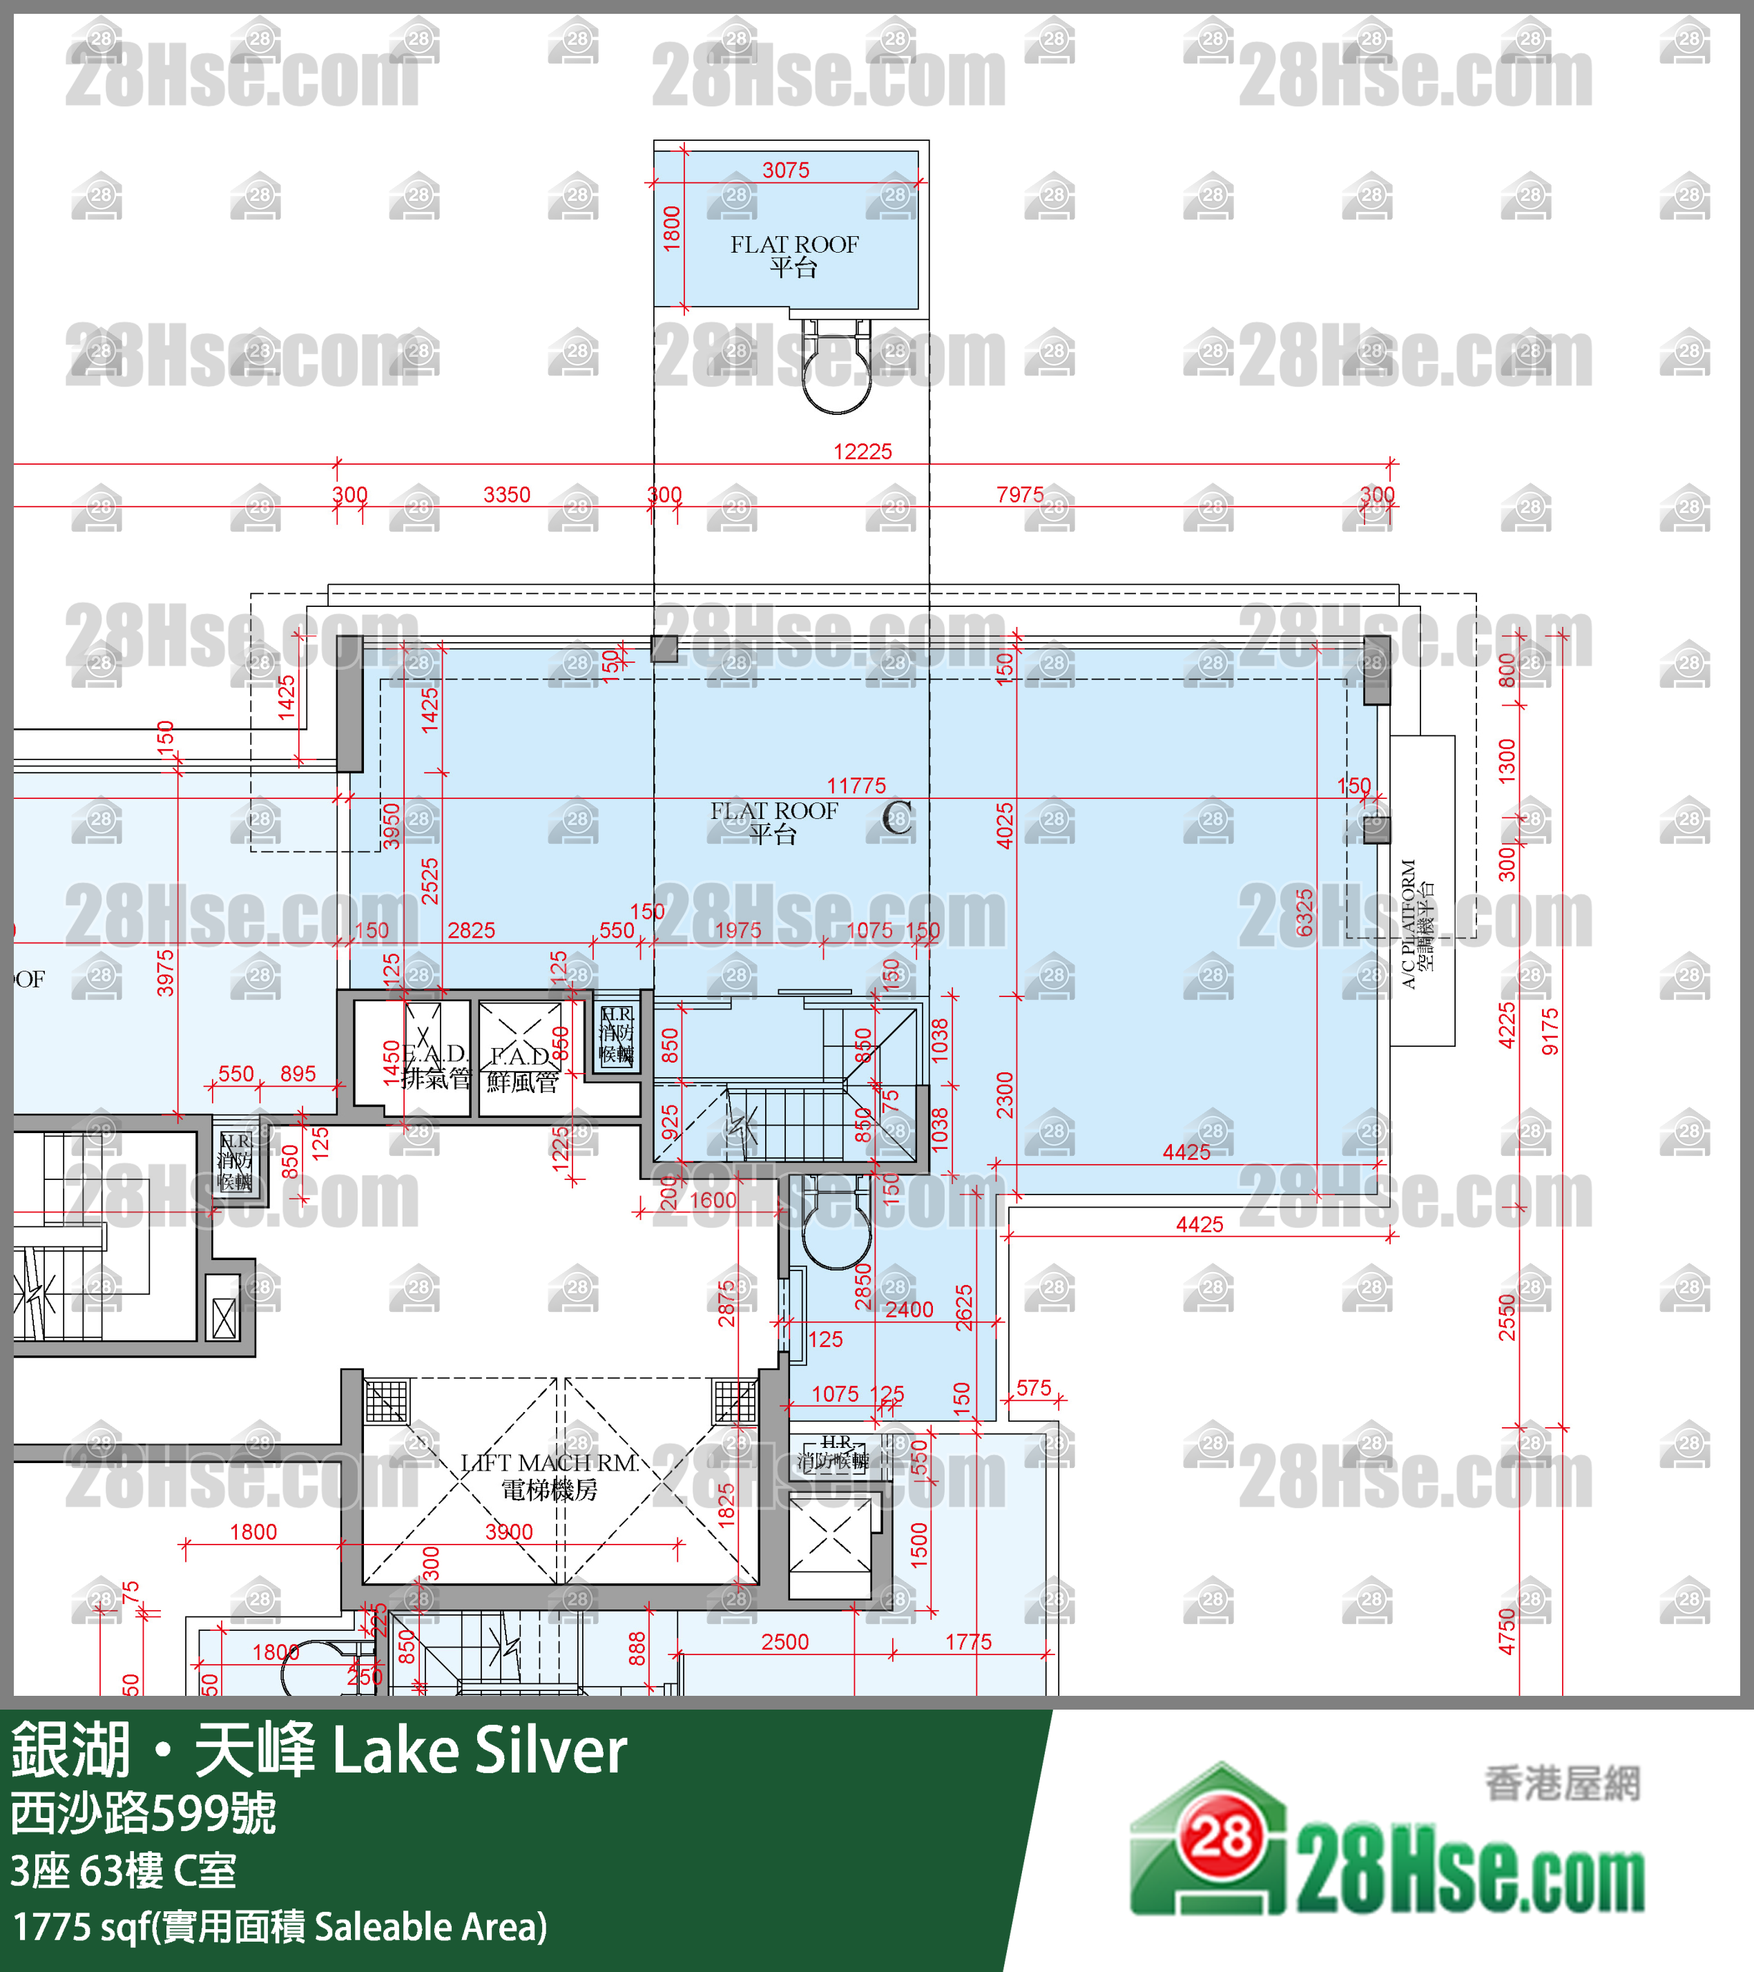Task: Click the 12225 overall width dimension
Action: click(x=862, y=452)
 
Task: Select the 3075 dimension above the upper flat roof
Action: click(x=785, y=171)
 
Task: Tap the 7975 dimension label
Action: click(x=1020, y=495)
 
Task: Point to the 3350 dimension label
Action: click(x=506, y=495)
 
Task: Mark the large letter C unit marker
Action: click(x=896, y=818)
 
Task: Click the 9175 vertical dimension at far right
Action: click(x=1550, y=1032)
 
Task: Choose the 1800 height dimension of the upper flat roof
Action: click(x=673, y=229)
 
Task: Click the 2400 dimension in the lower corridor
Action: click(x=909, y=1310)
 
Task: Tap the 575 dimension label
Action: click(x=1033, y=1389)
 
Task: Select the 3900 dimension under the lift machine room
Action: click(x=508, y=1532)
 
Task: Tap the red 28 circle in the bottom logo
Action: click(x=1222, y=1838)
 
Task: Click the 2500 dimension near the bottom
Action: click(x=784, y=1642)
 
